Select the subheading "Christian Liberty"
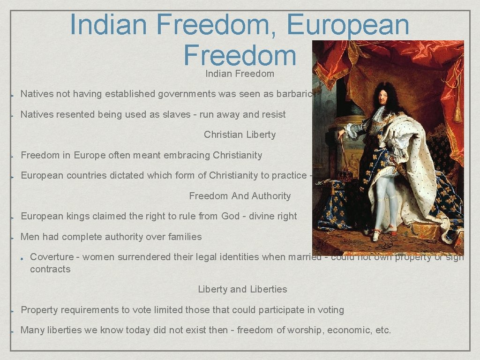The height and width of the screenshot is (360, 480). (x=240, y=135)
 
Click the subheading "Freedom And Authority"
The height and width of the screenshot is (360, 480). (x=240, y=196)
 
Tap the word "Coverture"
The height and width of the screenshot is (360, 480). (x=52, y=257)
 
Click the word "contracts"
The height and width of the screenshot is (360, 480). (x=50, y=269)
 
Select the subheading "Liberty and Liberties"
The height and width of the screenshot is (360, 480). (x=242, y=289)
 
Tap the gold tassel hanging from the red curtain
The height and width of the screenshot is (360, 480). (x=457, y=112)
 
